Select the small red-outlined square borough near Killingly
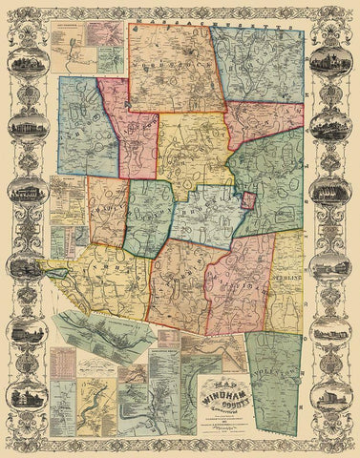tap(247, 201)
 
